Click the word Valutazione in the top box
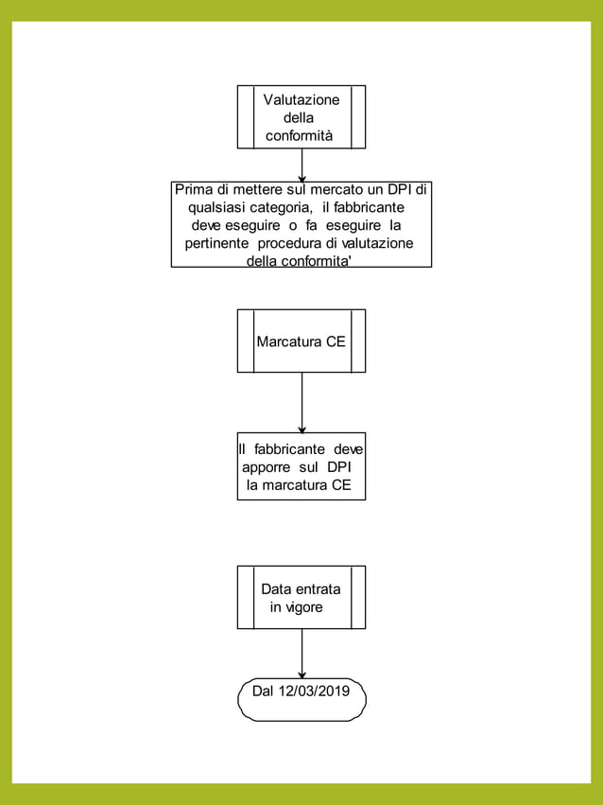point(301,99)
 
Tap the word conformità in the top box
point(299,136)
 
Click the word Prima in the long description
point(194,189)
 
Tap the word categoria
point(280,207)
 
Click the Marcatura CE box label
point(301,341)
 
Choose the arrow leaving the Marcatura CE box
point(301,402)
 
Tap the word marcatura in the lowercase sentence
point(293,485)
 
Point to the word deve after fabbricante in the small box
point(348,449)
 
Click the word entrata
point(319,588)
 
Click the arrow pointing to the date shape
point(301,653)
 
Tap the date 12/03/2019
point(314,691)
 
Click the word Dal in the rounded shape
point(264,691)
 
